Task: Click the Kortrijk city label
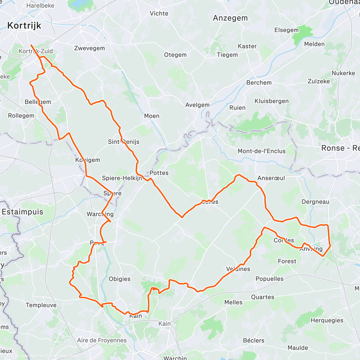coord(24,26)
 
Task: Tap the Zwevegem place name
coord(89,48)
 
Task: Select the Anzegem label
coord(230,18)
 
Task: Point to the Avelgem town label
coord(197,105)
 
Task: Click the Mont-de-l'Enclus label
coord(262,151)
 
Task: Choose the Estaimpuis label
coord(22,212)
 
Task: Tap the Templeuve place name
coord(41,305)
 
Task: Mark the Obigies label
coord(119,279)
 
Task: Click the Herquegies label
coord(327,320)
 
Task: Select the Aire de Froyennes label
coord(102,340)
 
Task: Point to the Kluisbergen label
coord(271,101)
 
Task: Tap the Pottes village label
coord(159,173)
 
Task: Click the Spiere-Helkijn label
coord(122,178)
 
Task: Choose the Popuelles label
coord(269,279)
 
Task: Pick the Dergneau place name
coord(315,202)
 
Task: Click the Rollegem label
coord(21,116)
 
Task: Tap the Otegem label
coord(175,55)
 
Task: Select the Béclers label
coord(253,340)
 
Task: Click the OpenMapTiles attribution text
coord(31,356)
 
